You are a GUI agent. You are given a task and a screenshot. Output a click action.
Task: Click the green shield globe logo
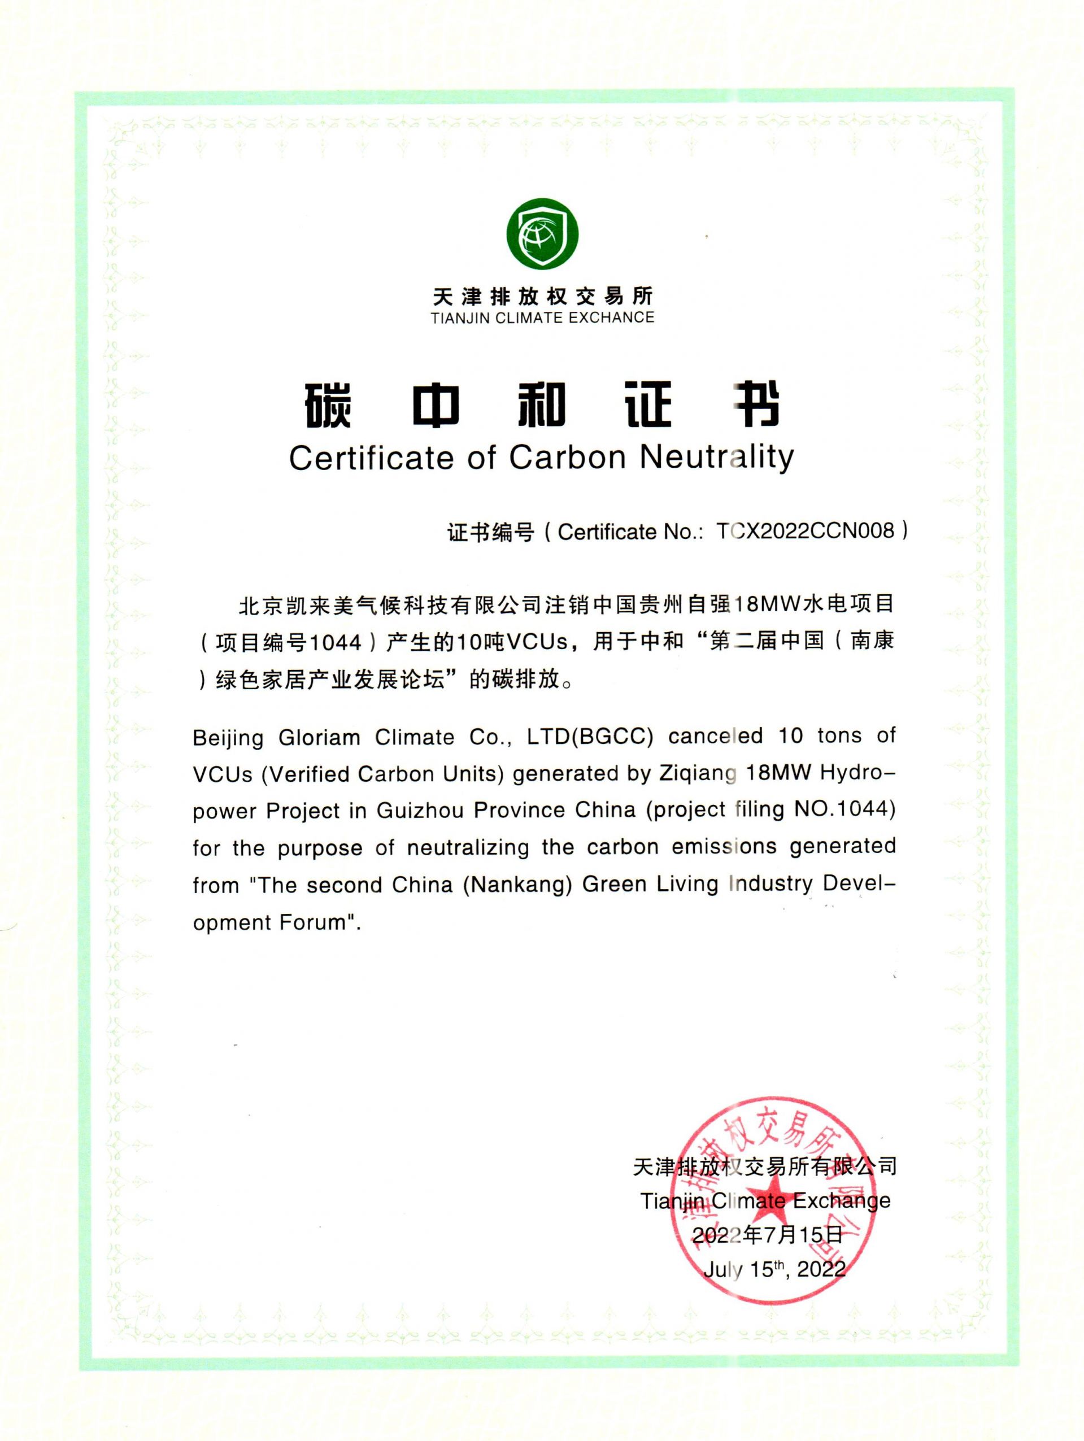(542, 234)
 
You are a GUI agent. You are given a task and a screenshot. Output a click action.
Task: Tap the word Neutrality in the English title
(717, 458)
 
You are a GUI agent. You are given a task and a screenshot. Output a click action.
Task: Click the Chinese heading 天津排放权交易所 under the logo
(542, 297)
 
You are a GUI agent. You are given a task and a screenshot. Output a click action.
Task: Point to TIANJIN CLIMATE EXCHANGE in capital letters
(542, 318)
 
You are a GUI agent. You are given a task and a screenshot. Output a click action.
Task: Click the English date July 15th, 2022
(774, 1269)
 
